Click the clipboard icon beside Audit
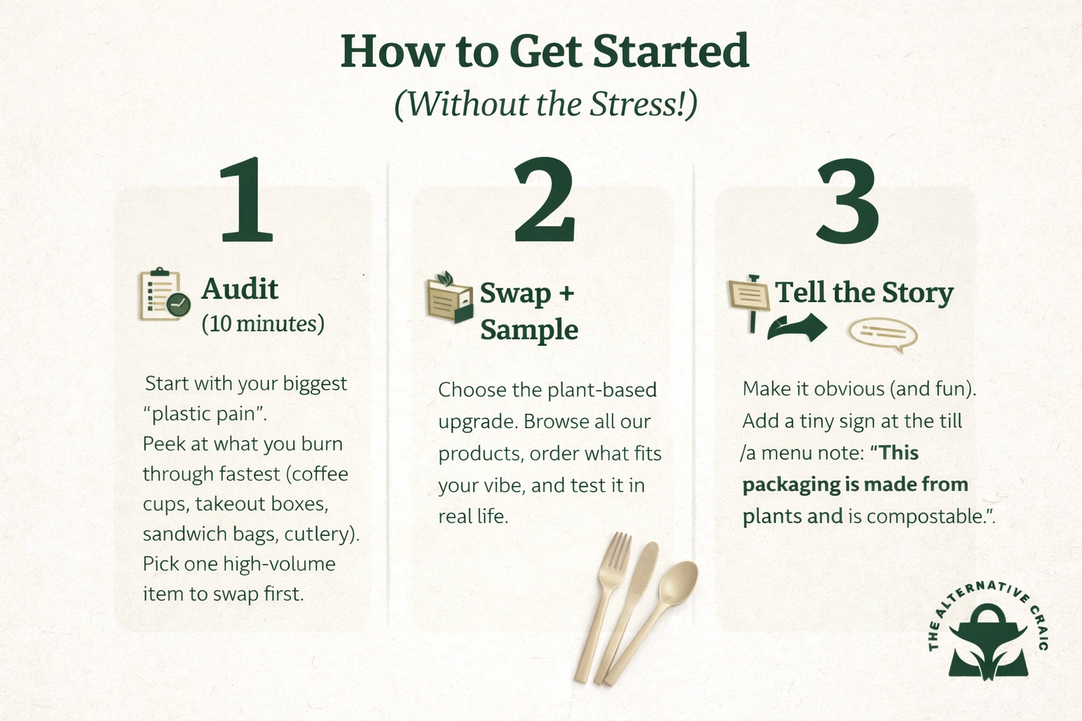(163, 295)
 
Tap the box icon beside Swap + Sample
(449, 298)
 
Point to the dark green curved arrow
(797, 328)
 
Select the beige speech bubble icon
(883, 334)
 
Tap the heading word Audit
(240, 289)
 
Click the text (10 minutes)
(263, 323)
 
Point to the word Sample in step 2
(529, 330)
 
